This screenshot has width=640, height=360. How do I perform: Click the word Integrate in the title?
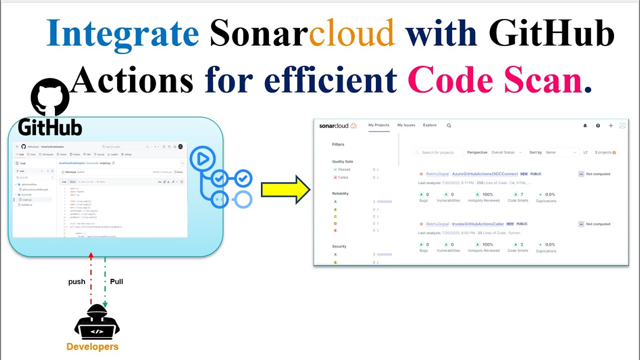pos(122,33)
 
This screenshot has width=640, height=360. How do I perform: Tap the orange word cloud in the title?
pos(352,33)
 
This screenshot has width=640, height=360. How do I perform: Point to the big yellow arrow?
pos(285,189)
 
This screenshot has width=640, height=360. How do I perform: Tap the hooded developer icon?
pos(96,322)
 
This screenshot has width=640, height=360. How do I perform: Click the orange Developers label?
pos(92,346)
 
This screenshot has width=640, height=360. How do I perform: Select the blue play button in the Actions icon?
pos(202,159)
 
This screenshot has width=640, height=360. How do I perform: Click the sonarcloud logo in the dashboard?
pos(337,125)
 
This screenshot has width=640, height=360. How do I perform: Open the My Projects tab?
pos(378,125)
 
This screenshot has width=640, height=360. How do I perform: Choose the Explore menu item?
pos(429,125)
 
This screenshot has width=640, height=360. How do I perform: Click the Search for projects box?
pos(437,152)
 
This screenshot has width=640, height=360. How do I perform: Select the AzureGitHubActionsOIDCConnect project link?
pos(485,174)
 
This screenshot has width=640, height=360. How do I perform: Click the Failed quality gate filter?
pos(343,177)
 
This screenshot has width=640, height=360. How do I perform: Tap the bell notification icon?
pos(585,126)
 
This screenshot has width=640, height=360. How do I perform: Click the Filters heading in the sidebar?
pos(338,144)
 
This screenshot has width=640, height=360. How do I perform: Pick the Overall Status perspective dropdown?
pos(506,152)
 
